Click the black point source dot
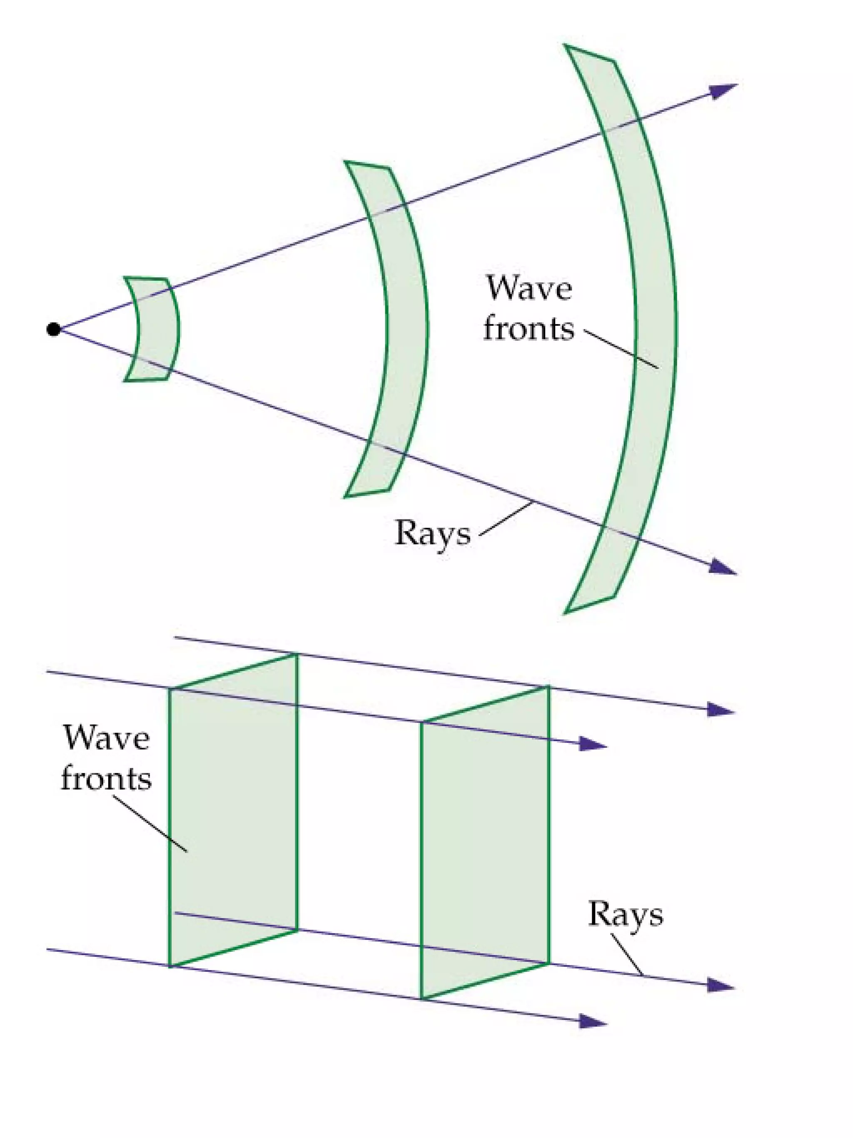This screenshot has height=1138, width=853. pyautogui.click(x=53, y=329)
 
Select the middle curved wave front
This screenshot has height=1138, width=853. pyautogui.click(x=407, y=329)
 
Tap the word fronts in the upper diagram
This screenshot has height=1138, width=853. pyautogui.click(x=529, y=329)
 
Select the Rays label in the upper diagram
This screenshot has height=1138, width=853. pyautogui.click(x=432, y=533)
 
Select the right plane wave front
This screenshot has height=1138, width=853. pyautogui.click(x=485, y=844)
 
